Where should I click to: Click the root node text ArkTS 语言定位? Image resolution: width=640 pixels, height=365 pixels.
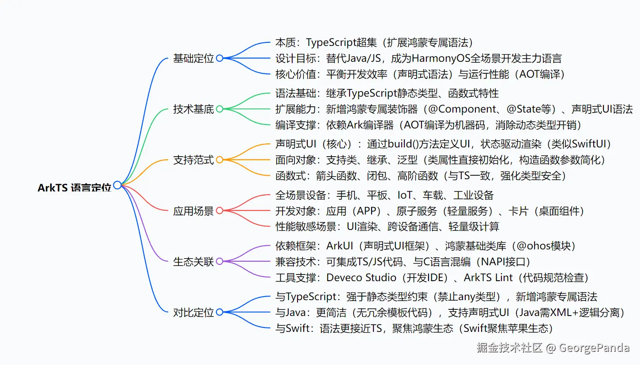74,188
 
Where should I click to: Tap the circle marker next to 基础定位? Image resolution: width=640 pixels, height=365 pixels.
219,58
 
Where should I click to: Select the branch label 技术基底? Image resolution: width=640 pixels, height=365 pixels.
193,109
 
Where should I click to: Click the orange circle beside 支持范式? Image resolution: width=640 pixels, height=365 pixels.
219,160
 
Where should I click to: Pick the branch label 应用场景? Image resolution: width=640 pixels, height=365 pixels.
193,211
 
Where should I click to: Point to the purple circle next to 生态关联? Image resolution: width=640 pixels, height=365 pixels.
219,262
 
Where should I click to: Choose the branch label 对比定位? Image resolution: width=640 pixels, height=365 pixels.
193,312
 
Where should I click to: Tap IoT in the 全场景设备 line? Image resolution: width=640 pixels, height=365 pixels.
406,195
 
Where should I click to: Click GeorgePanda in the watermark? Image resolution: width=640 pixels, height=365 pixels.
594,348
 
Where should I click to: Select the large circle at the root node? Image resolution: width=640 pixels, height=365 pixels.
117,185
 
